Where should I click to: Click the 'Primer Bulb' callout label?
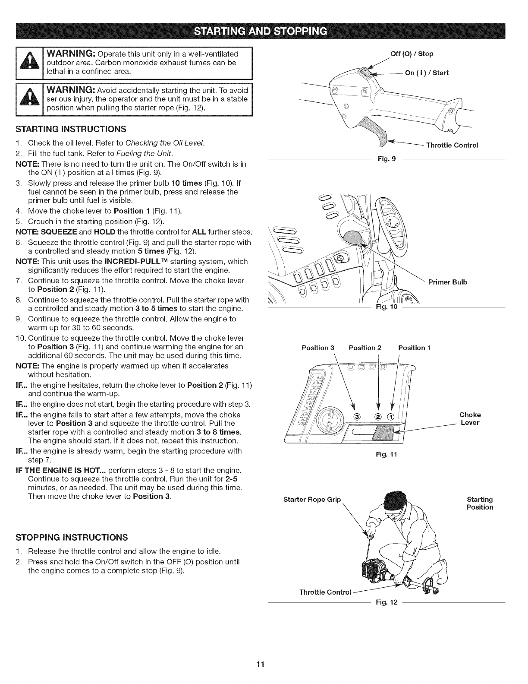pyautogui.click(x=447, y=282)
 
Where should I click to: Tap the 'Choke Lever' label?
pyautogui.click(x=470, y=419)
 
